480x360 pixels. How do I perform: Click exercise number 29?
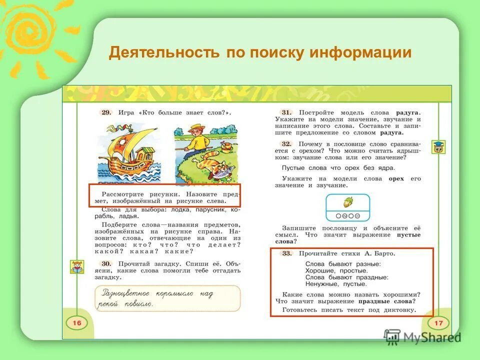[106, 112]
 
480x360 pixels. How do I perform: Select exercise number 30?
[105, 263]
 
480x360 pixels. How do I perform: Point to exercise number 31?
[286, 112]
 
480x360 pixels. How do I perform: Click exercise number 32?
[286, 143]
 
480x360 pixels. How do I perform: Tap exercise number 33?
[286, 253]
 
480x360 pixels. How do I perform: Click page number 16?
[76, 323]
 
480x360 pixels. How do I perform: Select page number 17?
[438, 323]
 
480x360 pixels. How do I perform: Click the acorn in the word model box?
[347, 202]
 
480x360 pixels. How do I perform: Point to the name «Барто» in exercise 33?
[383, 253]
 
